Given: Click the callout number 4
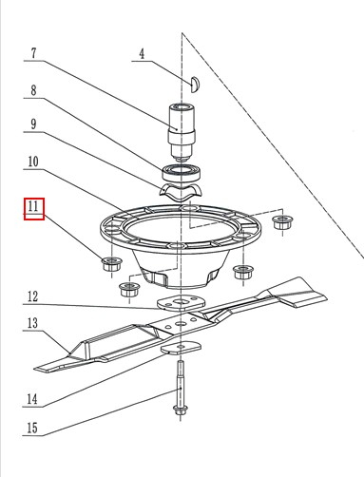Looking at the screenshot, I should click(142, 54).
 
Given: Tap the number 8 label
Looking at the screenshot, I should click(33, 92).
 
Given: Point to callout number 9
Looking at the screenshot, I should click(33, 124).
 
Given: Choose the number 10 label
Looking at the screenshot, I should click(33, 163).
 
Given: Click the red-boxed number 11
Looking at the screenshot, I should click(34, 207).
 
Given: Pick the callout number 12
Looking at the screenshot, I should click(33, 296).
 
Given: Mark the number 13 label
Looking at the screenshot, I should click(33, 325).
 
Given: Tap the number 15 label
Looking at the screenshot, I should click(33, 429).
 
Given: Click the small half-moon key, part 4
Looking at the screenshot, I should click(194, 82).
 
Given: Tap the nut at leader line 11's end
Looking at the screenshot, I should click(109, 262).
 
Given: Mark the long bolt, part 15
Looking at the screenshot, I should click(179, 391).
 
